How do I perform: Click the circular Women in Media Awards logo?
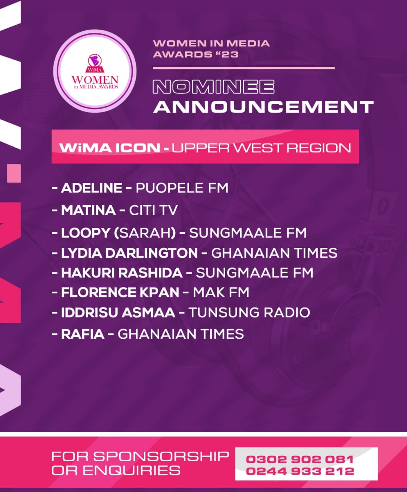95,71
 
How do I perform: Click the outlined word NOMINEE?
214,87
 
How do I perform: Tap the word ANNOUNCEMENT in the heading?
264,107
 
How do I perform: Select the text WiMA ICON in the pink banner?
110,148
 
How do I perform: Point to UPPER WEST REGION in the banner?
261,148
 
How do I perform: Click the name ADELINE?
92,188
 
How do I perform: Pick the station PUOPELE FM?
182,188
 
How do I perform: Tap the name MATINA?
88,210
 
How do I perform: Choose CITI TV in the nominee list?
153,210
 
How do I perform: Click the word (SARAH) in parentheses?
145,233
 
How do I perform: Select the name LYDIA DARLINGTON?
130,253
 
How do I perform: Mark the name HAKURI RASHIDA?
122,273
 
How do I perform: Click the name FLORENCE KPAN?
120,293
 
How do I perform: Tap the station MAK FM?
221,293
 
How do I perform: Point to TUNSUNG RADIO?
249,312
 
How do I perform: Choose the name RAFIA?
83,334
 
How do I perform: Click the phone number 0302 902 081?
300,459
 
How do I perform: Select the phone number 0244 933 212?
300,471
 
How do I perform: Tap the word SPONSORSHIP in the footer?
161,456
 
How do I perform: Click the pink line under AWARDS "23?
244,68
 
